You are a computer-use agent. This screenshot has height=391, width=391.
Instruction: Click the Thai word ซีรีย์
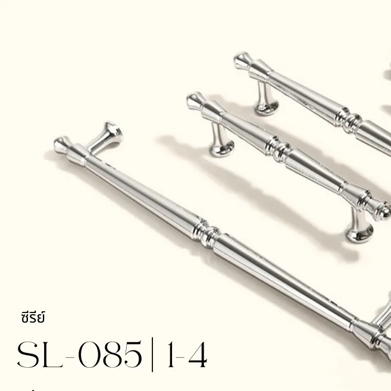coord(32,317)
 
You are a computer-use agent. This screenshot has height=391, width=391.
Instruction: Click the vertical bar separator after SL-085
coord(152,355)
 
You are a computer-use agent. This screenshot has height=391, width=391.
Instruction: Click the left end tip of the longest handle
coord(60,143)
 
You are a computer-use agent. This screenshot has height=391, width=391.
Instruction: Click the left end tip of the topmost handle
coord(240,60)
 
